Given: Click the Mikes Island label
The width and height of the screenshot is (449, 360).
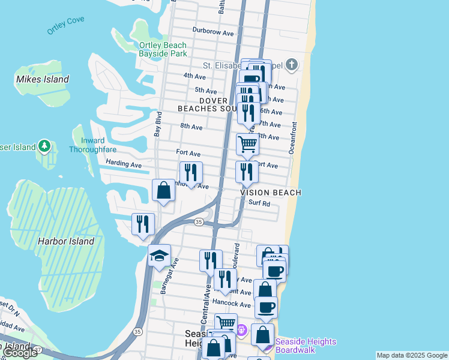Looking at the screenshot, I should [x=43, y=79].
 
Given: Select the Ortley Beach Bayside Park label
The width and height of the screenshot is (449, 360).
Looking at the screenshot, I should [x=163, y=49].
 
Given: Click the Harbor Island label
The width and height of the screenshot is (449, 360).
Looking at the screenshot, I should [x=65, y=241].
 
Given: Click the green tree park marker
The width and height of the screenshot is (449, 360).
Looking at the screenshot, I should [x=44, y=146].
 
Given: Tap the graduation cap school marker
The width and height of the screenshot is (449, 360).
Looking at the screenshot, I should [x=159, y=256].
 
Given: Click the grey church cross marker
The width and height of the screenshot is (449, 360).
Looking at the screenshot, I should [x=292, y=65].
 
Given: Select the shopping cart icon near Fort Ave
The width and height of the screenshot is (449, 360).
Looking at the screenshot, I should [x=247, y=144].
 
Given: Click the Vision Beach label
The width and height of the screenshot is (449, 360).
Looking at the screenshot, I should [x=271, y=193].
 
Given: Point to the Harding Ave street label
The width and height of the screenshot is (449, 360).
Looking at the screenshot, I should [x=124, y=164].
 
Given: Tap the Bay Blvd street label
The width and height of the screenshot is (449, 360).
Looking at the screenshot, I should [x=158, y=124].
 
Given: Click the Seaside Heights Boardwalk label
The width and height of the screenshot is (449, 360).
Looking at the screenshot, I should [x=306, y=346].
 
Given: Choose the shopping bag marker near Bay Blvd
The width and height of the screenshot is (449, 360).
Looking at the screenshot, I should [x=163, y=191].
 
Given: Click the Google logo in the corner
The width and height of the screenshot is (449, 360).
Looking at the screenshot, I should [x=19, y=353].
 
